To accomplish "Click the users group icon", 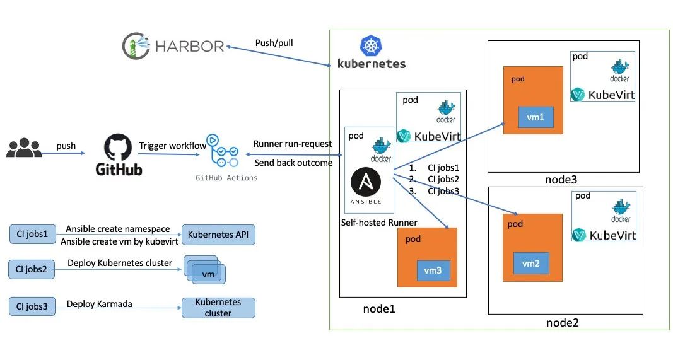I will pyautogui.click(x=24, y=149).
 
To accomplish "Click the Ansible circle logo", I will pyautogui.click(x=366, y=183).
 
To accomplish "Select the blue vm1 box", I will pyautogui.click(x=531, y=117).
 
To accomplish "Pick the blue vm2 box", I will pyautogui.click(x=530, y=262).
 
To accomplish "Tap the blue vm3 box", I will pyautogui.click(x=433, y=270).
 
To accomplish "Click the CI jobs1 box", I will pyautogui.click(x=33, y=235).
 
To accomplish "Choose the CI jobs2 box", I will pyautogui.click(x=33, y=270).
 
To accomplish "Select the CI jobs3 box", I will pyautogui.click(x=33, y=307).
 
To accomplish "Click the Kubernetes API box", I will pyautogui.click(x=218, y=235).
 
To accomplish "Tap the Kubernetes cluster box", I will pyautogui.click(x=218, y=308).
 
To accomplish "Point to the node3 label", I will pyautogui.click(x=561, y=180).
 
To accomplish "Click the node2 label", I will pyautogui.click(x=563, y=323).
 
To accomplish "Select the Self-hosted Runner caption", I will pyautogui.click(x=379, y=223).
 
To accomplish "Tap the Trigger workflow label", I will pyautogui.click(x=172, y=146).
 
